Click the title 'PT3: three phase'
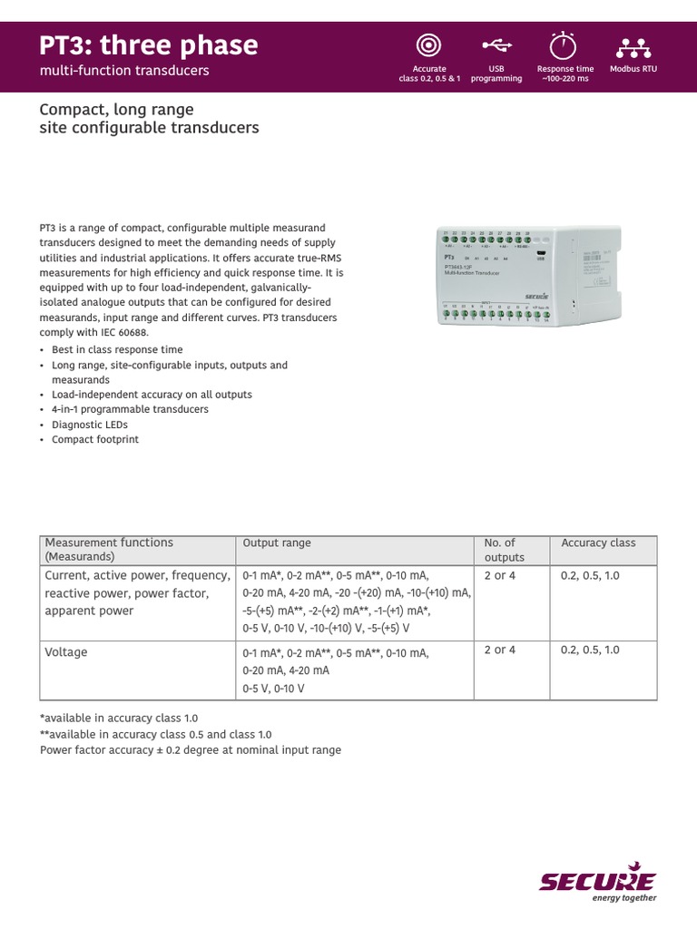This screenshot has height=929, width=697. [x=148, y=44]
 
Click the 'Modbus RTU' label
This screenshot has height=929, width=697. [x=633, y=69]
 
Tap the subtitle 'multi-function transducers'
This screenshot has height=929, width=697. [x=124, y=71]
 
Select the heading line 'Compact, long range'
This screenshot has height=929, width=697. [x=116, y=110]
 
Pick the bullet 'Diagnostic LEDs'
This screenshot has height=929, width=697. [x=90, y=425]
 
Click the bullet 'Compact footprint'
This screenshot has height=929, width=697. [x=95, y=439]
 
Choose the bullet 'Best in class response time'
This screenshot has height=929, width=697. [x=117, y=349]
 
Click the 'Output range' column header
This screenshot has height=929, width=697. [x=277, y=543]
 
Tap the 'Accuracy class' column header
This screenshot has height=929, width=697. [x=598, y=543]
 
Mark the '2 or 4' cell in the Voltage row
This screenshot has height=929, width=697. [x=499, y=650]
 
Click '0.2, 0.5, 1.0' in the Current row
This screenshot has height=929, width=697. [x=590, y=575]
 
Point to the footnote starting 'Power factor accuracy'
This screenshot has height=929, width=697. [x=191, y=750]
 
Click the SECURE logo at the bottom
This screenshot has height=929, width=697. [x=597, y=882]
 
